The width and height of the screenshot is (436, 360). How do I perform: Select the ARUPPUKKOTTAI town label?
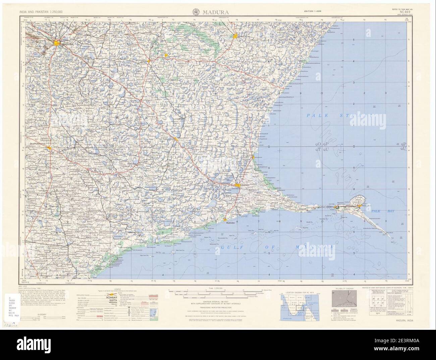click(37, 143)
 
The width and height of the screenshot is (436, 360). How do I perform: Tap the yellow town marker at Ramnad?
click(238, 185)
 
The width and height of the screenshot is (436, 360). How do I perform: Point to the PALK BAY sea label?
click(383, 211)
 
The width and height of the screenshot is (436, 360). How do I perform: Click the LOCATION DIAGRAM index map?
click(299, 307)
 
